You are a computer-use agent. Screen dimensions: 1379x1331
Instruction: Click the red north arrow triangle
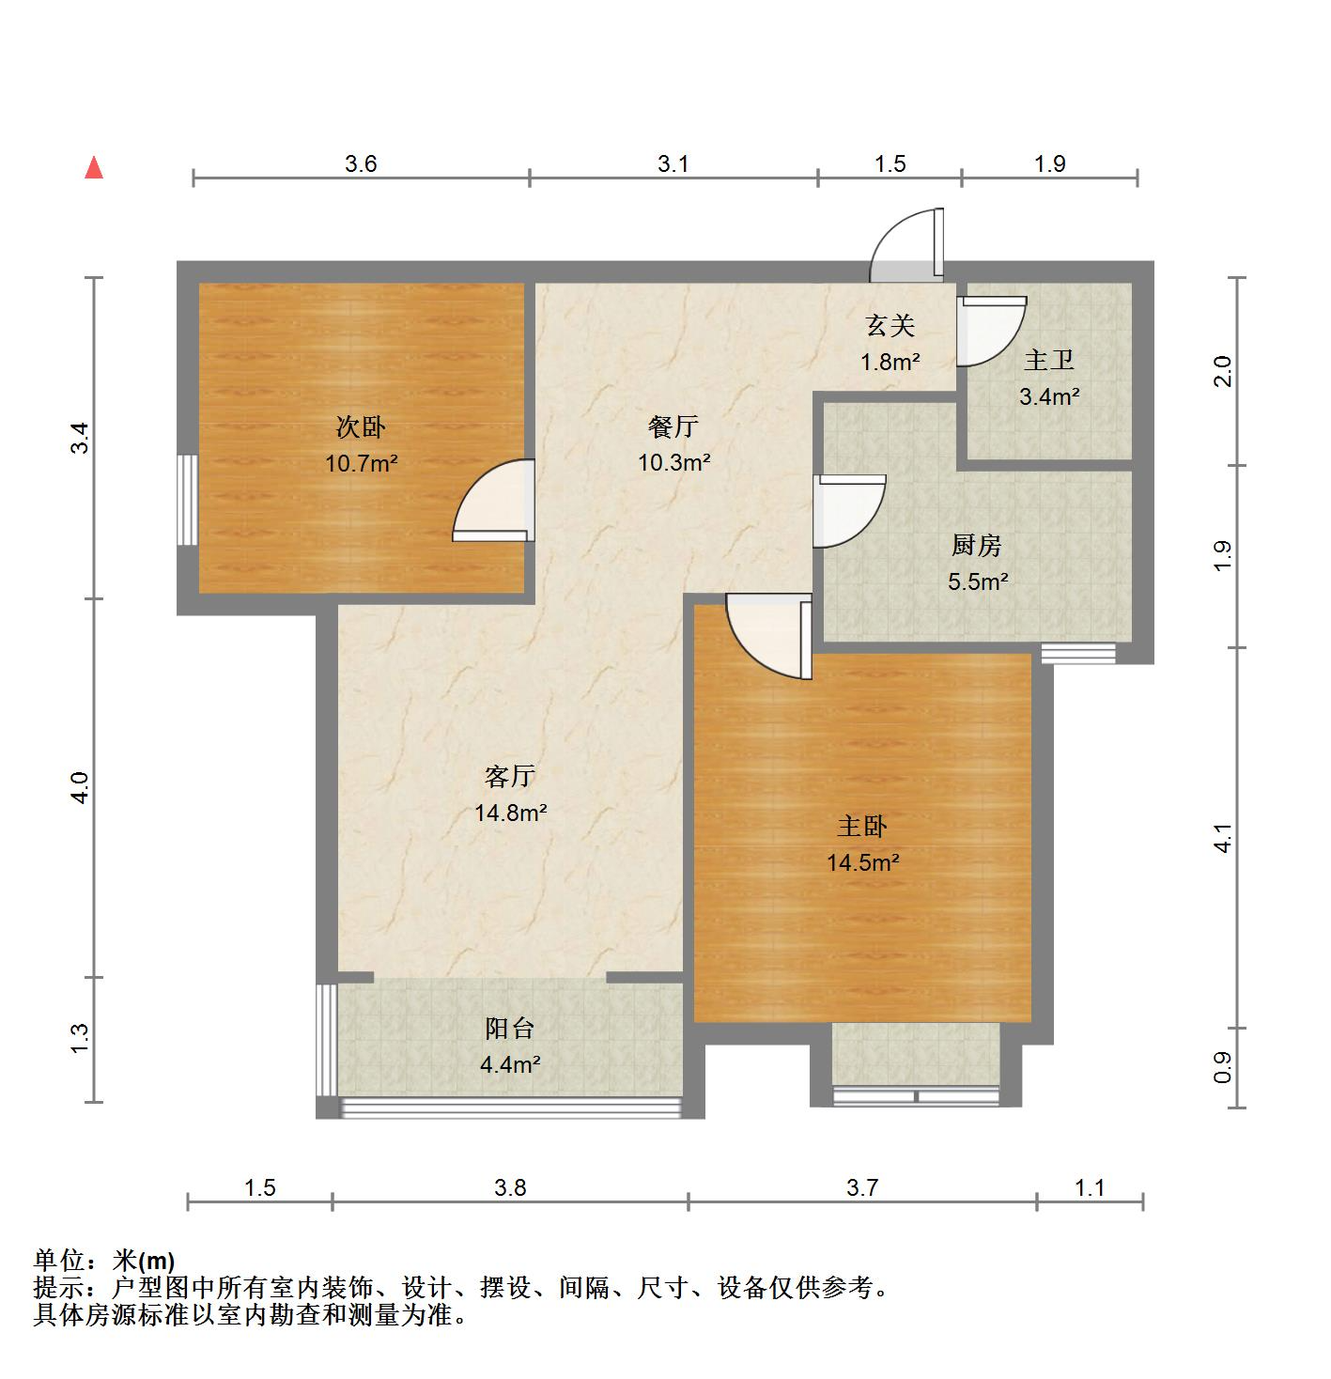(x=94, y=168)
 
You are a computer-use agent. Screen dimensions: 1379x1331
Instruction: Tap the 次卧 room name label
(x=361, y=427)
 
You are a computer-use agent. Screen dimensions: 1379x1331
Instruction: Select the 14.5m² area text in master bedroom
(x=862, y=862)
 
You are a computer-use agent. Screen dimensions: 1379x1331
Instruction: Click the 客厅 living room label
(x=510, y=776)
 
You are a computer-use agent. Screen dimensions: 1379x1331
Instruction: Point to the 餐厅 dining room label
(x=673, y=427)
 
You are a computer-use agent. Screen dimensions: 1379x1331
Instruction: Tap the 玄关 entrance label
(x=890, y=326)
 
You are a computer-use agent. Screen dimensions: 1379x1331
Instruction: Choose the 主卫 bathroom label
(x=1048, y=361)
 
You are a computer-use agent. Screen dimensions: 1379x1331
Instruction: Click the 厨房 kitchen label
(x=977, y=546)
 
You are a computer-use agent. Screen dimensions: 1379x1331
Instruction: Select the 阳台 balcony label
(x=510, y=1029)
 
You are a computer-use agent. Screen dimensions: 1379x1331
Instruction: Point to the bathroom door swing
(x=990, y=330)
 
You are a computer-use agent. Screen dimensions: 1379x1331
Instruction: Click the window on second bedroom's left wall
(x=188, y=499)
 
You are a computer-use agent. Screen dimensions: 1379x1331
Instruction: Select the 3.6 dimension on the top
(x=361, y=164)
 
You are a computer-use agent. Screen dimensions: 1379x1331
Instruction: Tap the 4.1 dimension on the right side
(x=1221, y=838)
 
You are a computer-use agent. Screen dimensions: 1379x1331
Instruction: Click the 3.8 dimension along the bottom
(x=510, y=1188)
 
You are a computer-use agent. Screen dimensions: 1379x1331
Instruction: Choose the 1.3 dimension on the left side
(x=80, y=1038)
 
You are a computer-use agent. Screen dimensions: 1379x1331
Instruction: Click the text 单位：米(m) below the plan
(x=104, y=1261)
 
